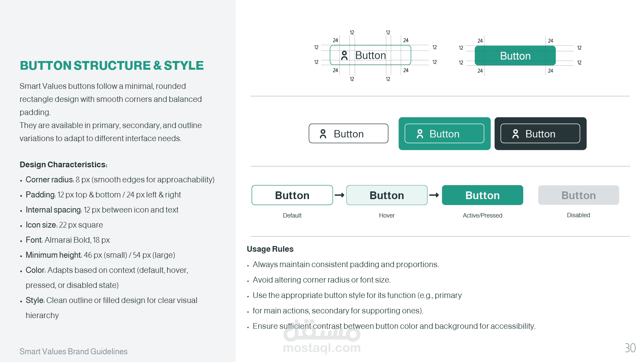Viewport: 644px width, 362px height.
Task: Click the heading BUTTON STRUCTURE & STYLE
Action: tap(112, 66)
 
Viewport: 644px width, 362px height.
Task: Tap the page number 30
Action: tap(630, 348)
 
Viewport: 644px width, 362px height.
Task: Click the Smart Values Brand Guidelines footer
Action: tap(73, 351)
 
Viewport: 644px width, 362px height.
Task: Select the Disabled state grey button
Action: tap(578, 195)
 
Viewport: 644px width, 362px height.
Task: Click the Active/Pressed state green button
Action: tap(482, 195)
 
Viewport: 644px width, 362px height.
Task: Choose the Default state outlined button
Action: tap(292, 195)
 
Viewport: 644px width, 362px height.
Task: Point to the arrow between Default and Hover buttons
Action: tap(339, 195)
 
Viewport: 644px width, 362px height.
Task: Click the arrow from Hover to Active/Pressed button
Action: tap(434, 195)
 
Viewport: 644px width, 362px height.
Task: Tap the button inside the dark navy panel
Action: tap(540, 134)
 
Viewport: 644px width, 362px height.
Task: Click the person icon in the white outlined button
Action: tap(323, 134)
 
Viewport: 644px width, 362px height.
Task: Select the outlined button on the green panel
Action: tap(444, 134)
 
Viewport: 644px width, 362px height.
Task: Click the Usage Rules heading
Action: tap(270, 249)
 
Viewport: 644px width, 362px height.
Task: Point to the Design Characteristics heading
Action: tap(63, 165)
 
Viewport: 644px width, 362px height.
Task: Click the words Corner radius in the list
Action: tap(49, 180)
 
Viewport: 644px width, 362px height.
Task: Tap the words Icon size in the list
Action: tap(41, 225)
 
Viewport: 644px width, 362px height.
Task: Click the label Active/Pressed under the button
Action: tap(482, 216)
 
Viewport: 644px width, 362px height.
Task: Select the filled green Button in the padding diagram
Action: tap(515, 56)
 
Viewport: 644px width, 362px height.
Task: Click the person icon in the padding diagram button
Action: tap(344, 55)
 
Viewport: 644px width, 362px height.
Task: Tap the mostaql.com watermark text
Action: tap(322, 348)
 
